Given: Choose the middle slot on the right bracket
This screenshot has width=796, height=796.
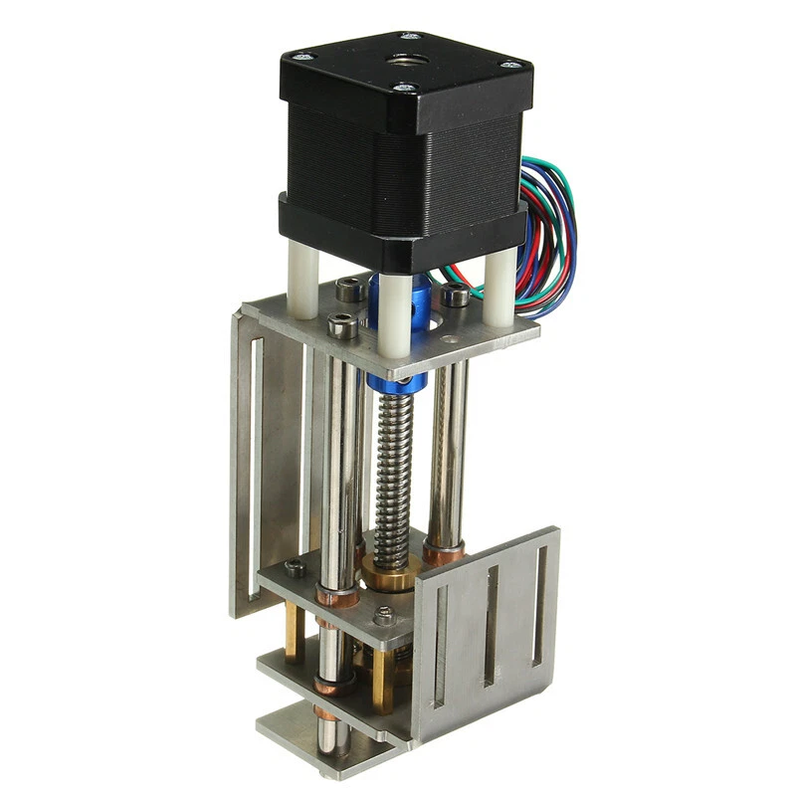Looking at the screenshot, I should click(490, 627).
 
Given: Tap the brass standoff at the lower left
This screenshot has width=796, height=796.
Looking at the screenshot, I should click(295, 638).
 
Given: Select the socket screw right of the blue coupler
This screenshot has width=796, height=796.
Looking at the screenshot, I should click(456, 296).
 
